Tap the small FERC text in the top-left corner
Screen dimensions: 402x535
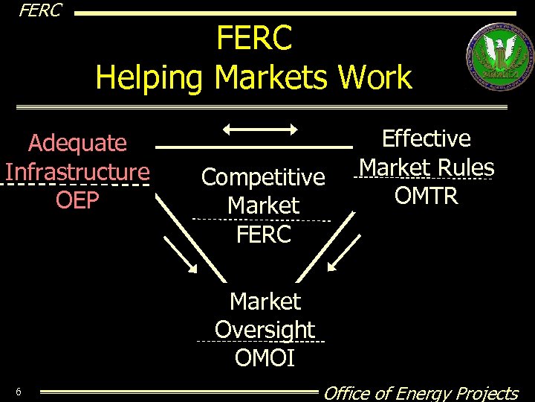tap(40, 10)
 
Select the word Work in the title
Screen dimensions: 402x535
tap(374, 77)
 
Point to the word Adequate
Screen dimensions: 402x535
tap(77, 142)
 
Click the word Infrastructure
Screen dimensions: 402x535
tap(77, 172)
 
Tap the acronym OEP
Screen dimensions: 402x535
tap(77, 201)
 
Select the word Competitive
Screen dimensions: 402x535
tap(263, 177)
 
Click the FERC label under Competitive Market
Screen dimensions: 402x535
tap(263, 234)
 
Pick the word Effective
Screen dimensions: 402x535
tap(426, 138)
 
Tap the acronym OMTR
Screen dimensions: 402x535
tap(426, 197)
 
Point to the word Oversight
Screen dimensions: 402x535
tap(265, 330)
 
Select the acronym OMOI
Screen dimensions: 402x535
tap(265, 358)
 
